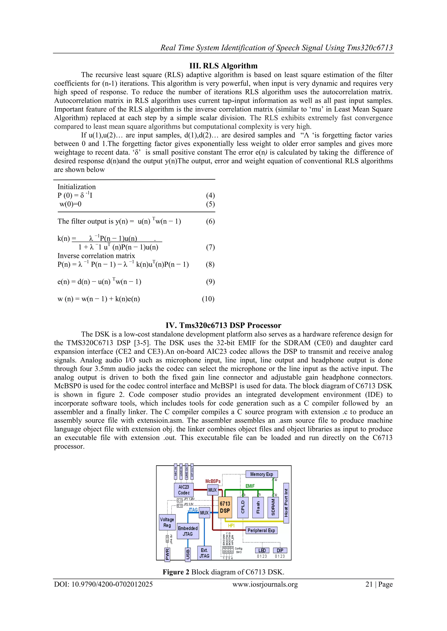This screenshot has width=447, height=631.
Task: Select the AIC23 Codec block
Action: click(x=184, y=490)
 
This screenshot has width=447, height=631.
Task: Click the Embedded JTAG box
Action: click(x=188, y=531)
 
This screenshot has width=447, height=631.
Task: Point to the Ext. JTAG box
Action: click(x=204, y=553)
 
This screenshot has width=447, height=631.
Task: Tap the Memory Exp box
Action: click(x=261, y=474)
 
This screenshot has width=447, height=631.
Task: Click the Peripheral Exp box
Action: click(x=261, y=530)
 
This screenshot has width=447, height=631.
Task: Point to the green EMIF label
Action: click(x=250, y=486)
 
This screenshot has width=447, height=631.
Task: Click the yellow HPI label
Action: click(x=231, y=526)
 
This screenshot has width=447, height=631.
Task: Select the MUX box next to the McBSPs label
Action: click(x=212, y=490)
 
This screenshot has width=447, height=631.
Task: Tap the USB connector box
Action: click(x=188, y=554)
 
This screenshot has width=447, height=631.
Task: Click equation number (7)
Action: click(x=210, y=247)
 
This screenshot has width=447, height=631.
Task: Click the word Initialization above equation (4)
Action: click(x=77, y=187)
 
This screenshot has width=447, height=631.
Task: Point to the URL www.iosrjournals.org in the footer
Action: click(x=265, y=584)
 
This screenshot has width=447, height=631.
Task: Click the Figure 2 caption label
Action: click(x=176, y=572)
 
